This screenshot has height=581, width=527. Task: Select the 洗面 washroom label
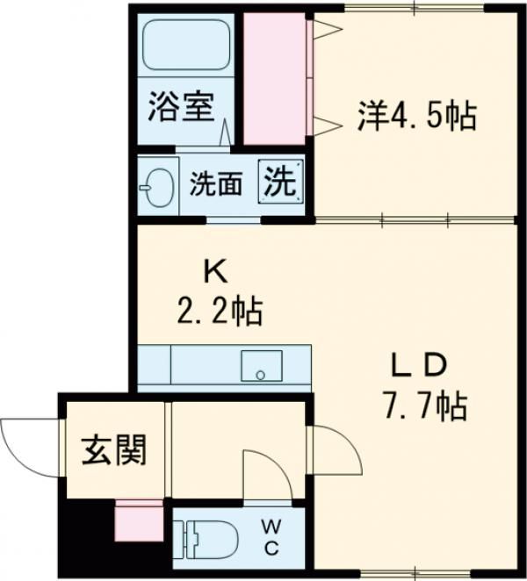tap(216, 185)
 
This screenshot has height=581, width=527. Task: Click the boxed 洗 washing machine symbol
tap(280, 183)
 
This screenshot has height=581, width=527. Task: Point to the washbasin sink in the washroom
tap(158, 186)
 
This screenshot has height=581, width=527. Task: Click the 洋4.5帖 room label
tap(416, 115)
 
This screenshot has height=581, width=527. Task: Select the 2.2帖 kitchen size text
tap(216, 310)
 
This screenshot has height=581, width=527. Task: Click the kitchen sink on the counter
tap(261, 366)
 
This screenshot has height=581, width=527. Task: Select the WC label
tap(271, 537)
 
